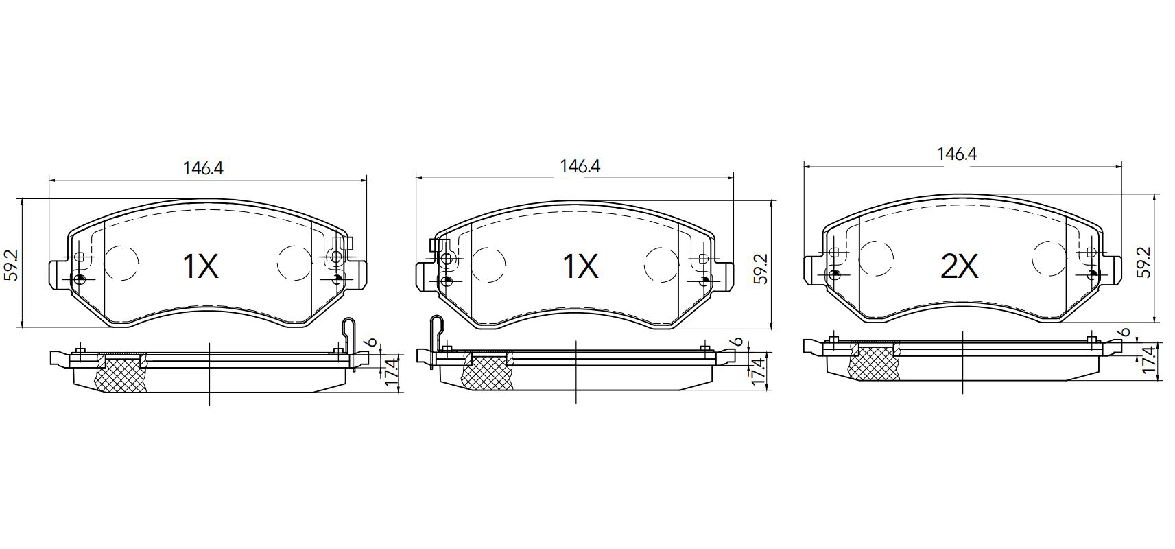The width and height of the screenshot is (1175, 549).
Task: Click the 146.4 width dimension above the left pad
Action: tap(203, 169)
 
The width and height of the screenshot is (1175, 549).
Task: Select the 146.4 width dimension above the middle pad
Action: tap(580, 166)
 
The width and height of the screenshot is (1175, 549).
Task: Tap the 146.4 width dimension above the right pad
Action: tap(958, 154)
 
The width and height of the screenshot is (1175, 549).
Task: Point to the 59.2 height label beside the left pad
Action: tap(12, 265)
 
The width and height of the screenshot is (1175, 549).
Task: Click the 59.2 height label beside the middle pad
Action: tap(761, 269)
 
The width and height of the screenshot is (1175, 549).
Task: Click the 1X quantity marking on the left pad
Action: tap(200, 266)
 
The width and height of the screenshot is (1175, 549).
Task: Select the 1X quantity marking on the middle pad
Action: tap(580, 266)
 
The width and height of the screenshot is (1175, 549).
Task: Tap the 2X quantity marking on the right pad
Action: tap(960, 267)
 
